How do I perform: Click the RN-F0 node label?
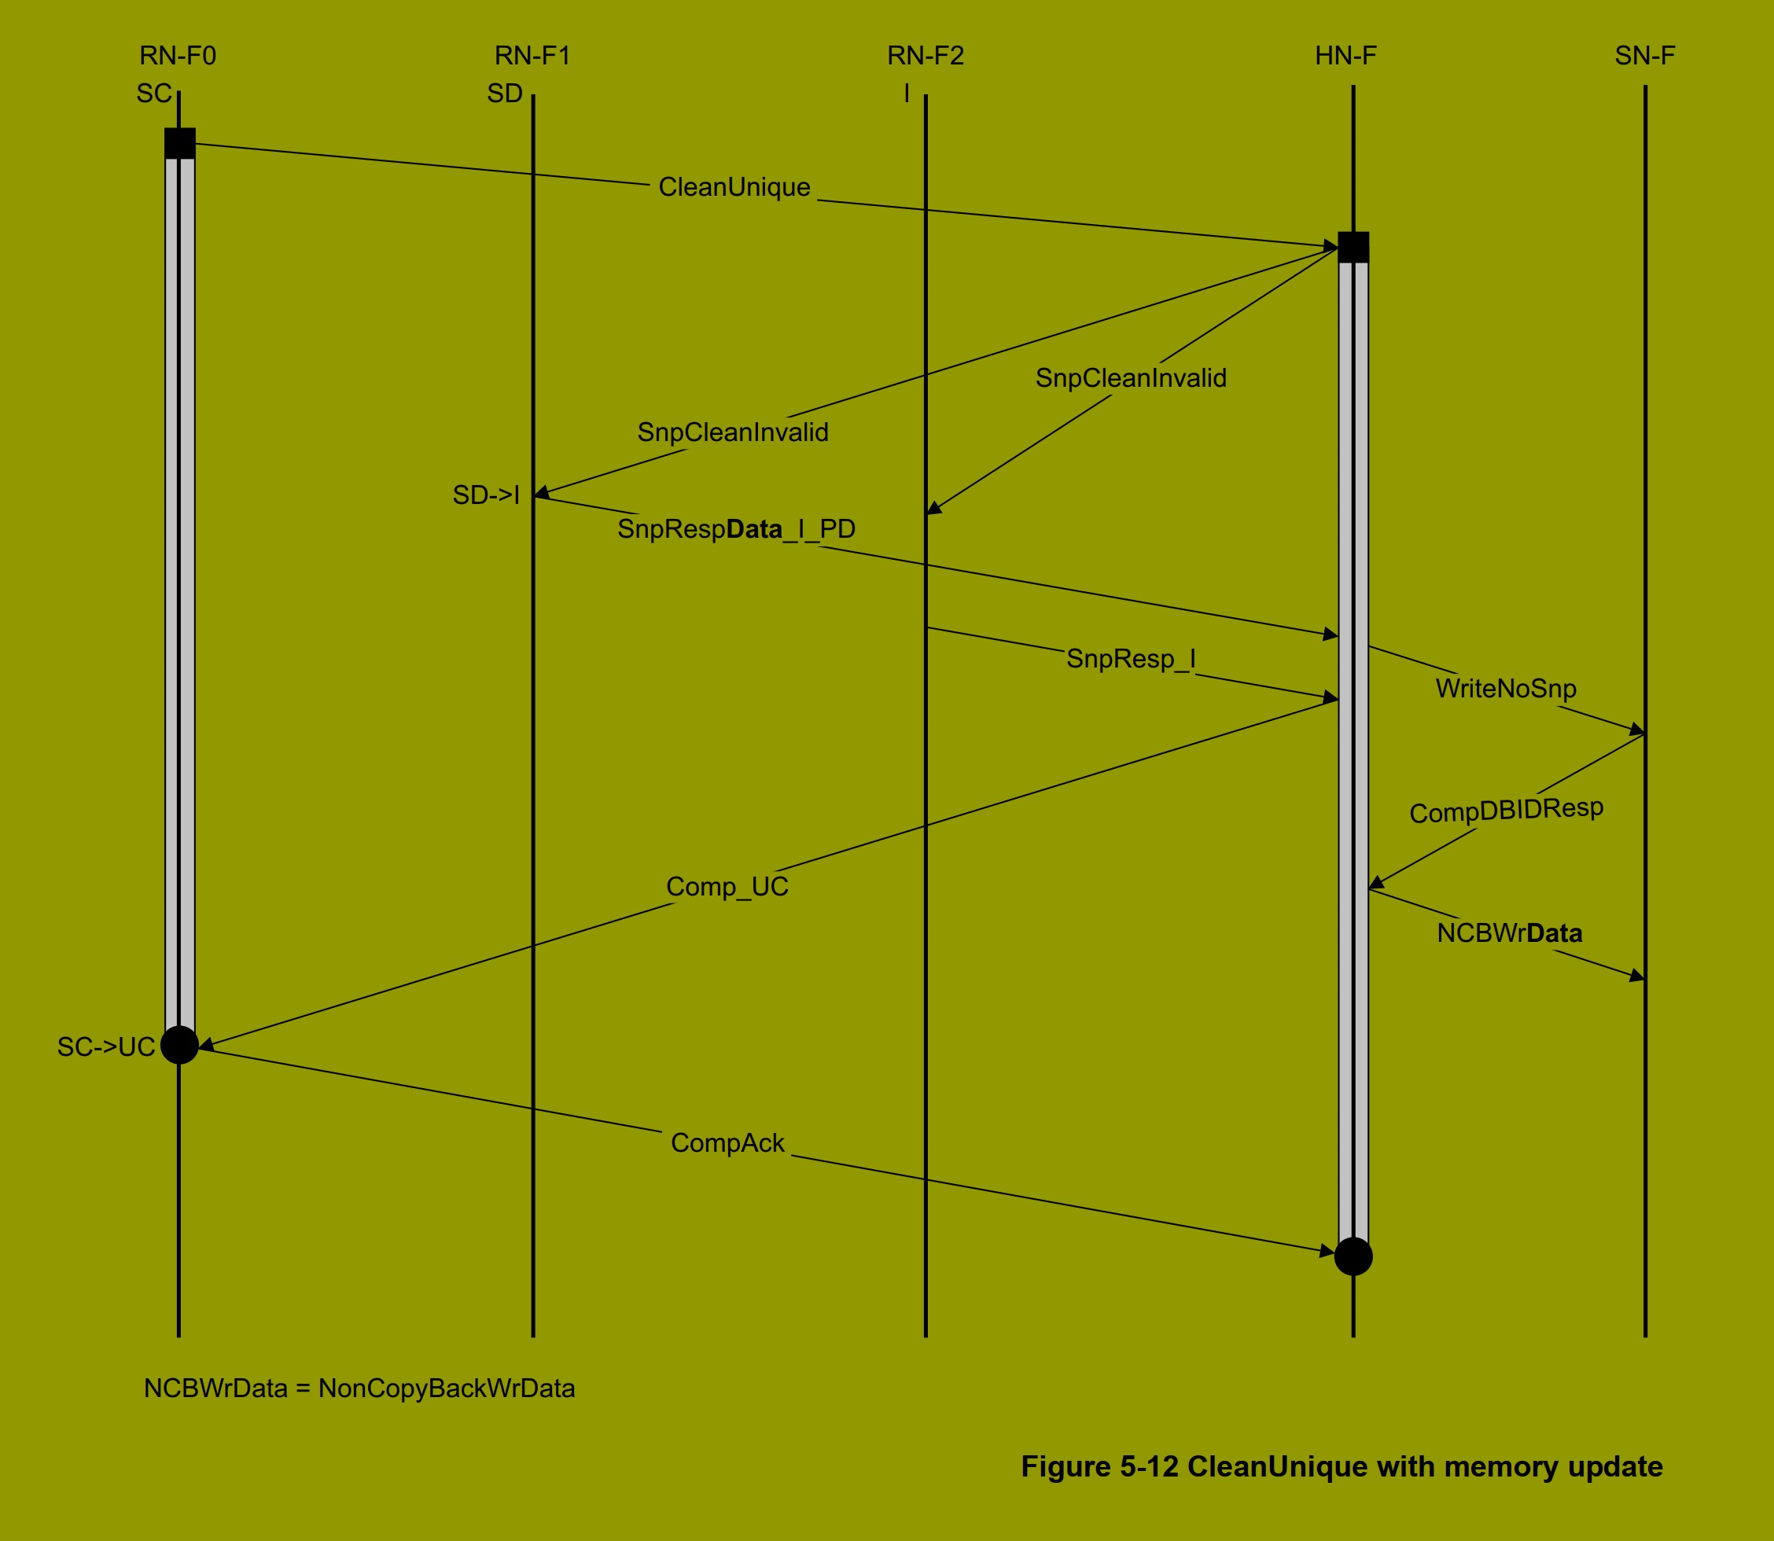tap(178, 57)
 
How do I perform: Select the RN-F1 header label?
tap(532, 57)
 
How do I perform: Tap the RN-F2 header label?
tap(926, 57)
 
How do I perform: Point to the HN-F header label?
tap(1345, 57)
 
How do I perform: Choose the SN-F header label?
tap(1644, 57)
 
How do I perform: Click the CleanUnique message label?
tap(734, 187)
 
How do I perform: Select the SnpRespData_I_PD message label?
tap(736, 529)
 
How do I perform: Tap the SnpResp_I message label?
tap(1130, 659)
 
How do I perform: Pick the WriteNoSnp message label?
tap(1506, 688)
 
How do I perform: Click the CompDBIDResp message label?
tap(1506, 810)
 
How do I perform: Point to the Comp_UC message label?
tap(727, 887)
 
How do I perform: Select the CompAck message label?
tap(727, 1143)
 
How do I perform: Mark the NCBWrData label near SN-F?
tap(1509, 933)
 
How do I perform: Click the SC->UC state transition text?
tap(106, 1046)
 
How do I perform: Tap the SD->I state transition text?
tap(486, 495)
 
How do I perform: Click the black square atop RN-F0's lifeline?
tap(180, 144)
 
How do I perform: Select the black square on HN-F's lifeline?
tap(1353, 247)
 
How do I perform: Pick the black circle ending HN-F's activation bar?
tap(1353, 1256)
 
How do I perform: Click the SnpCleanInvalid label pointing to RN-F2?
tap(1131, 378)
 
